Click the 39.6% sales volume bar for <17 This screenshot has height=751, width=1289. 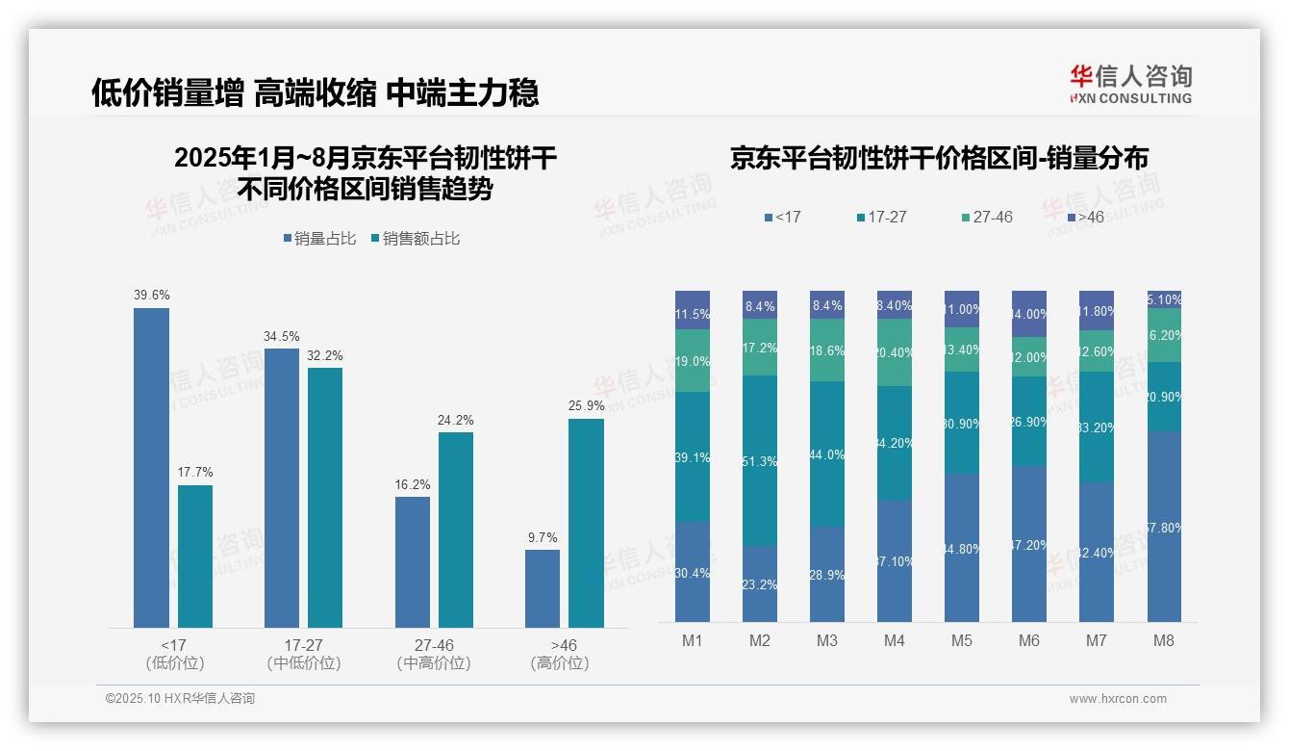151,468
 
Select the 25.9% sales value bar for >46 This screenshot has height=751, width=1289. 586,523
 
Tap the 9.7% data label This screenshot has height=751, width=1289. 543,537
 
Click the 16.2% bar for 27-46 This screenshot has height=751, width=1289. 413,562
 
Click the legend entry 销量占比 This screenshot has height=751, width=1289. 323,239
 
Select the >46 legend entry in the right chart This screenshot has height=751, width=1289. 1084,218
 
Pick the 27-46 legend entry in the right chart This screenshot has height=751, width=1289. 986,218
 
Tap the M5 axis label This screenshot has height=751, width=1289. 961,640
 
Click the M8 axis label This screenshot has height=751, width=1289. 1163,640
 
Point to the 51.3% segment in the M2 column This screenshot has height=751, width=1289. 760,461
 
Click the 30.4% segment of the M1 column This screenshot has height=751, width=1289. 693,572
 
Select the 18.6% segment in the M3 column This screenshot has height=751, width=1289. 827,350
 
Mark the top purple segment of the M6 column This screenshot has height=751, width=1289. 1028,314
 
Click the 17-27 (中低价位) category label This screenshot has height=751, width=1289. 304,654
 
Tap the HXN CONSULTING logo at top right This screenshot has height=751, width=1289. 1131,85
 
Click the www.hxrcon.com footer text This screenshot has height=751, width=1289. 1118,699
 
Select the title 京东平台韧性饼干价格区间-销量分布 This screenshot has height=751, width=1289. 939,158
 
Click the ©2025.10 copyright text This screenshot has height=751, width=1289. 180,699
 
